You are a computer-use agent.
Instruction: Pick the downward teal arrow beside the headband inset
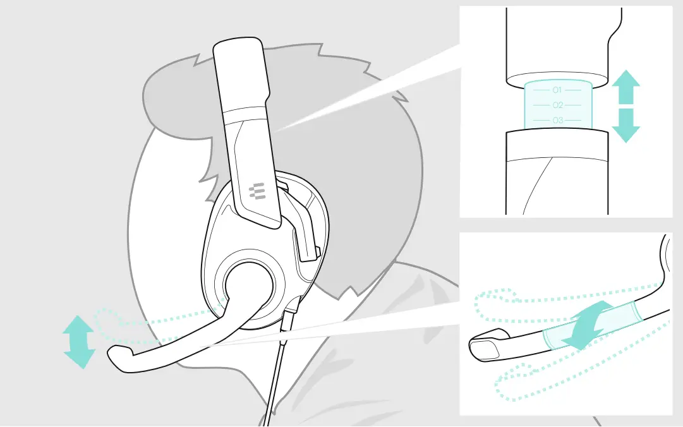626,125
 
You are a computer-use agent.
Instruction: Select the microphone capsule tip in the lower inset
487,346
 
